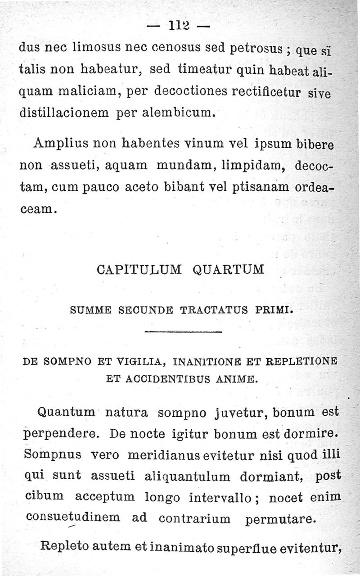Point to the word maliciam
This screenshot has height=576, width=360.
89,92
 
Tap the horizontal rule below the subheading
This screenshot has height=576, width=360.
184,333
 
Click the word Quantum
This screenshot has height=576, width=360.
66,412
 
